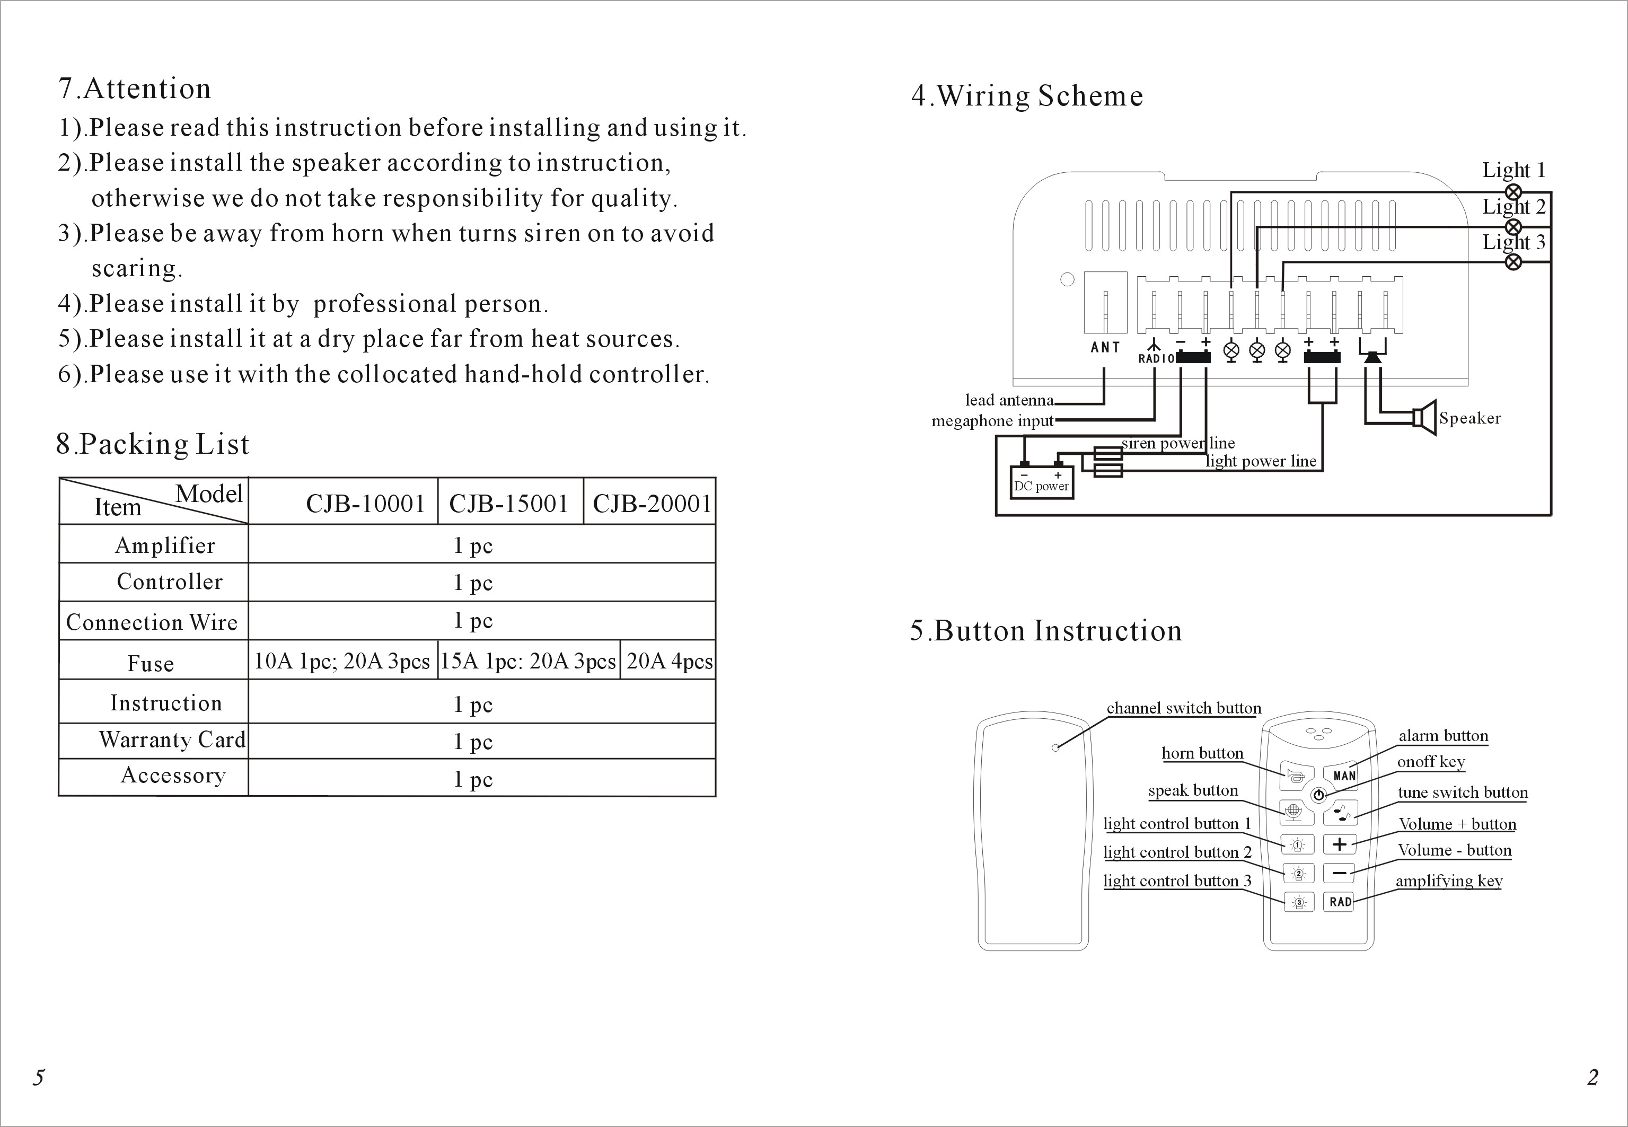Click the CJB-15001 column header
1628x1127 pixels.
point(508,504)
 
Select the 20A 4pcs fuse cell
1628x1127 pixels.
point(669,661)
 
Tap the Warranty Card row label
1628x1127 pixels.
point(172,739)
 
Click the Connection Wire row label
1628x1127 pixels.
point(152,622)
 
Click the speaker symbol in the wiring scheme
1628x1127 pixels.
point(1424,418)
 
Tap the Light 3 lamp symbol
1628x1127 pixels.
point(1513,262)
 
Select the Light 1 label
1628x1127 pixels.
point(1513,170)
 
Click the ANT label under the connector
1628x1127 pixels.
point(1105,347)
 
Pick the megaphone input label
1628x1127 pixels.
point(992,421)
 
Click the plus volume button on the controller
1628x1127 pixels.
point(1339,844)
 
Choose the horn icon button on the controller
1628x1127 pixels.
point(1296,776)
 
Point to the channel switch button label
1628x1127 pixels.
point(1184,708)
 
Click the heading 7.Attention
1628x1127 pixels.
point(135,89)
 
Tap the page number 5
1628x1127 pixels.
point(39,1077)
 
